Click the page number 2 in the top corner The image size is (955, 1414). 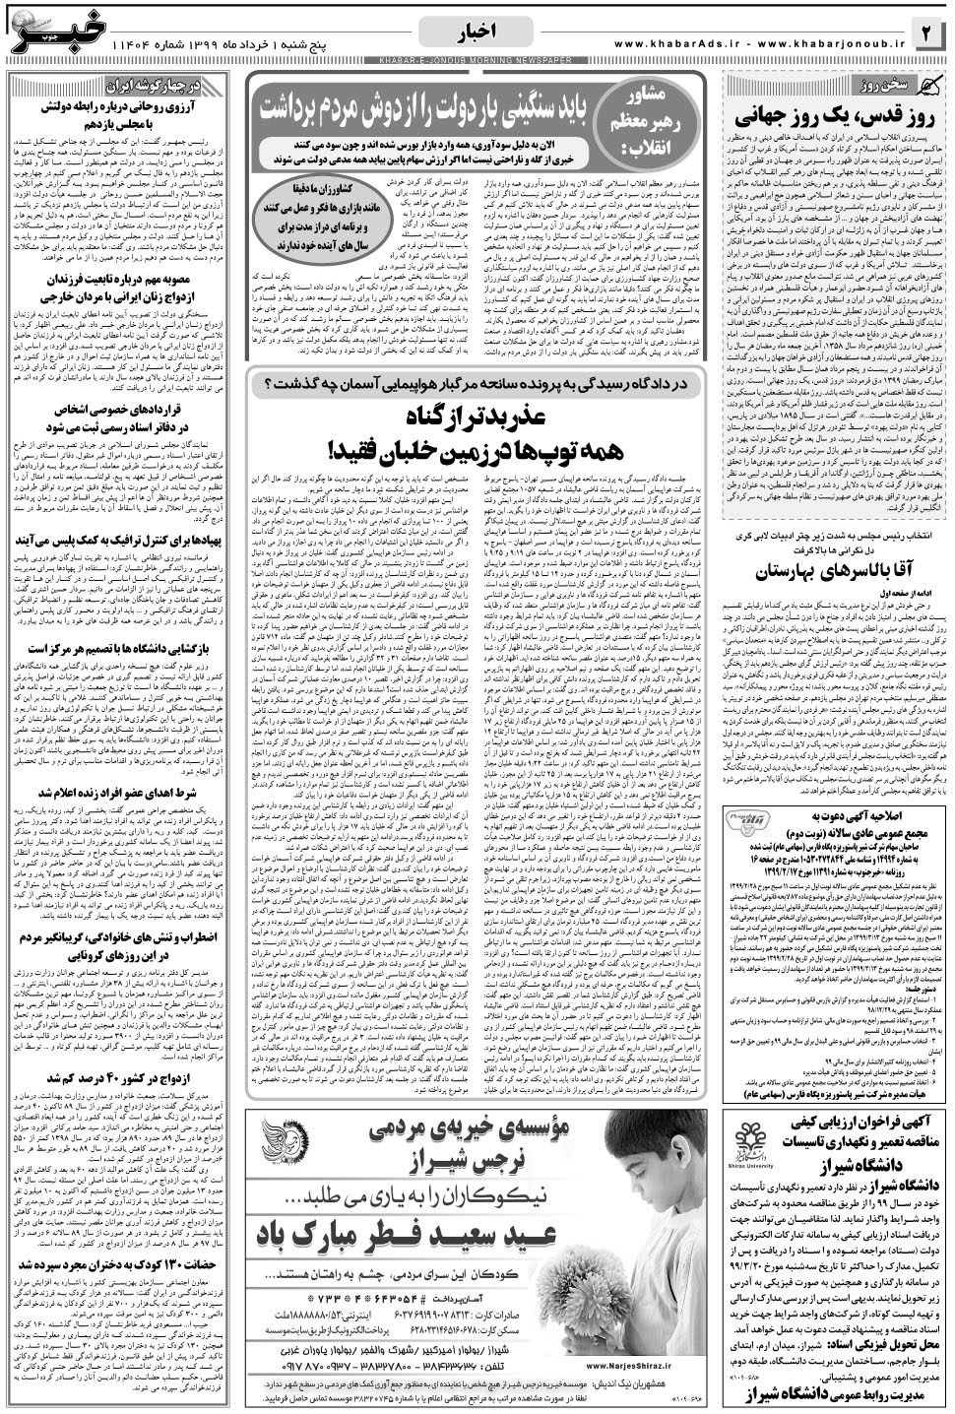click(x=929, y=33)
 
